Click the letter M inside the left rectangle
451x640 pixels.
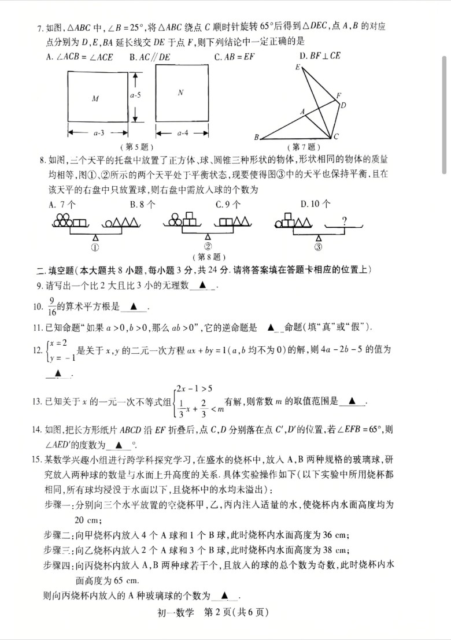(x=95, y=99)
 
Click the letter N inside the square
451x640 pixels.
(x=180, y=92)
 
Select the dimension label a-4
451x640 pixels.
(x=181, y=134)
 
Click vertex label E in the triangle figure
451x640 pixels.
(x=297, y=68)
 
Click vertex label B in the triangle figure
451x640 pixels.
(x=256, y=138)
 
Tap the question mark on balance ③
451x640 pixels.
(x=344, y=220)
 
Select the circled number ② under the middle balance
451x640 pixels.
(x=208, y=246)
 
